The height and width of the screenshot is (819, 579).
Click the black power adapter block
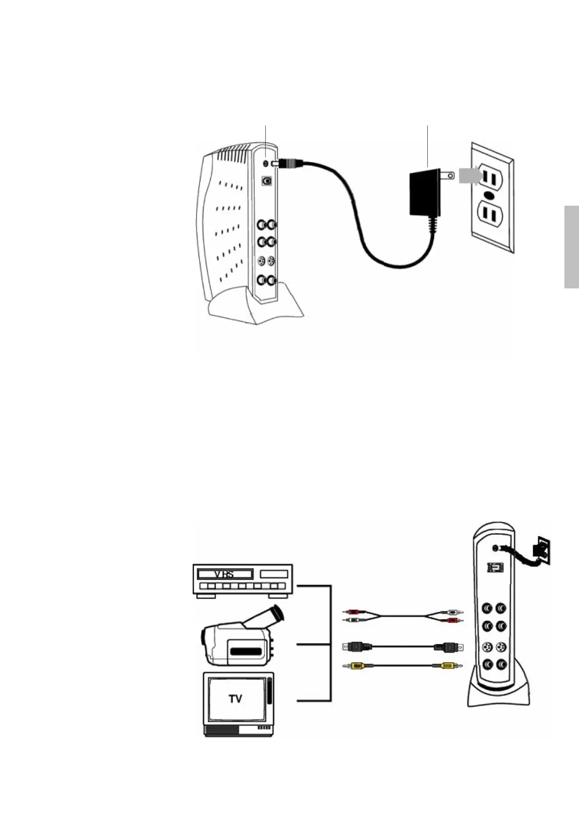tap(425, 193)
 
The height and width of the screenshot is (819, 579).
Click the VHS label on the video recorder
tap(224, 574)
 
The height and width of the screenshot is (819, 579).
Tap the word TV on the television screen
tap(235, 699)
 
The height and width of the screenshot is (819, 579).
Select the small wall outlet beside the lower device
tap(542, 549)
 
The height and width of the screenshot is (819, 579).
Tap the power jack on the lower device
tap(495, 548)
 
